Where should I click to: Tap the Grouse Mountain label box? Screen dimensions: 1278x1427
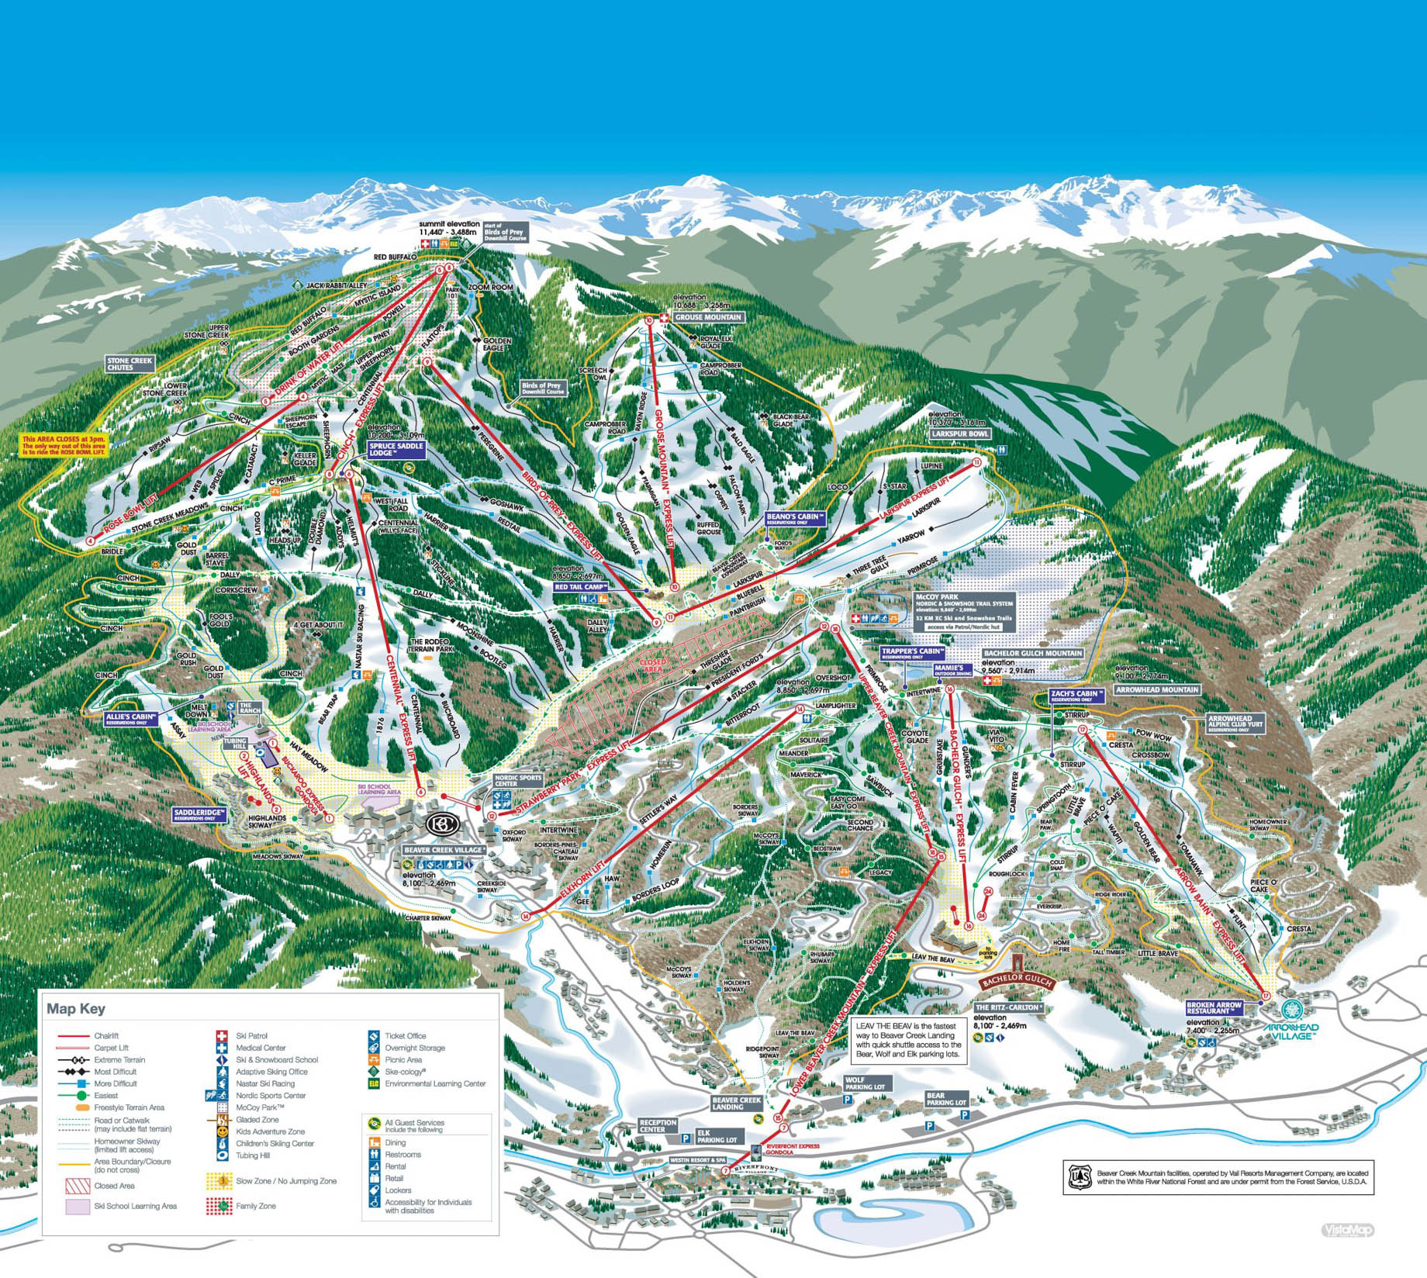click(708, 317)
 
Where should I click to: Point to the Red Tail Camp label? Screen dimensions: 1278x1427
click(580, 587)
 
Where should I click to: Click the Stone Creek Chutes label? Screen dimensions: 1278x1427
click(131, 364)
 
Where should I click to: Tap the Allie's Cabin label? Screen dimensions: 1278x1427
click(131, 718)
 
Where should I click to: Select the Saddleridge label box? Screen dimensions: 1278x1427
click(199, 814)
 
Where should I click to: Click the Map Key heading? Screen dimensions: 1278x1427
click(75, 1009)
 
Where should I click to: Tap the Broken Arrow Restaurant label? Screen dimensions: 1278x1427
click(1215, 1007)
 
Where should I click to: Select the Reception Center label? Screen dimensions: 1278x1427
click(658, 1125)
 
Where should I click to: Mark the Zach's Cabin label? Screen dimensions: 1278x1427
click(1075, 695)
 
